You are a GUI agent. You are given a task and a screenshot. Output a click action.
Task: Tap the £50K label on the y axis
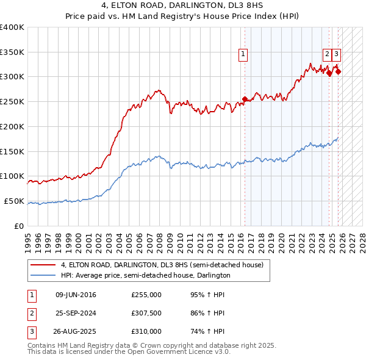pyautogui.click(x=14, y=201)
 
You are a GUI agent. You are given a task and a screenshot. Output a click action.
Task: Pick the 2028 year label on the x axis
pyautogui.click(x=363, y=238)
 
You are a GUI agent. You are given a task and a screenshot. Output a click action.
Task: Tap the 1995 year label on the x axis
pyautogui.click(x=27, y=238)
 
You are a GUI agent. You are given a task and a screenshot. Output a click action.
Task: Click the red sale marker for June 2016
pyautogui.click(x=245, y=99)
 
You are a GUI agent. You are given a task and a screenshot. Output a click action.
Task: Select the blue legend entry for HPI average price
pyautogui.click(x=145, y=275)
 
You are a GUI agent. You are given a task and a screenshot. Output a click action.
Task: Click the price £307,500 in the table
pyautogui.click(x=146, y=313)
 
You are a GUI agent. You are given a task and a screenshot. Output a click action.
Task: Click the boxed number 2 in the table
pyautogui.click(x=31, y=313)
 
